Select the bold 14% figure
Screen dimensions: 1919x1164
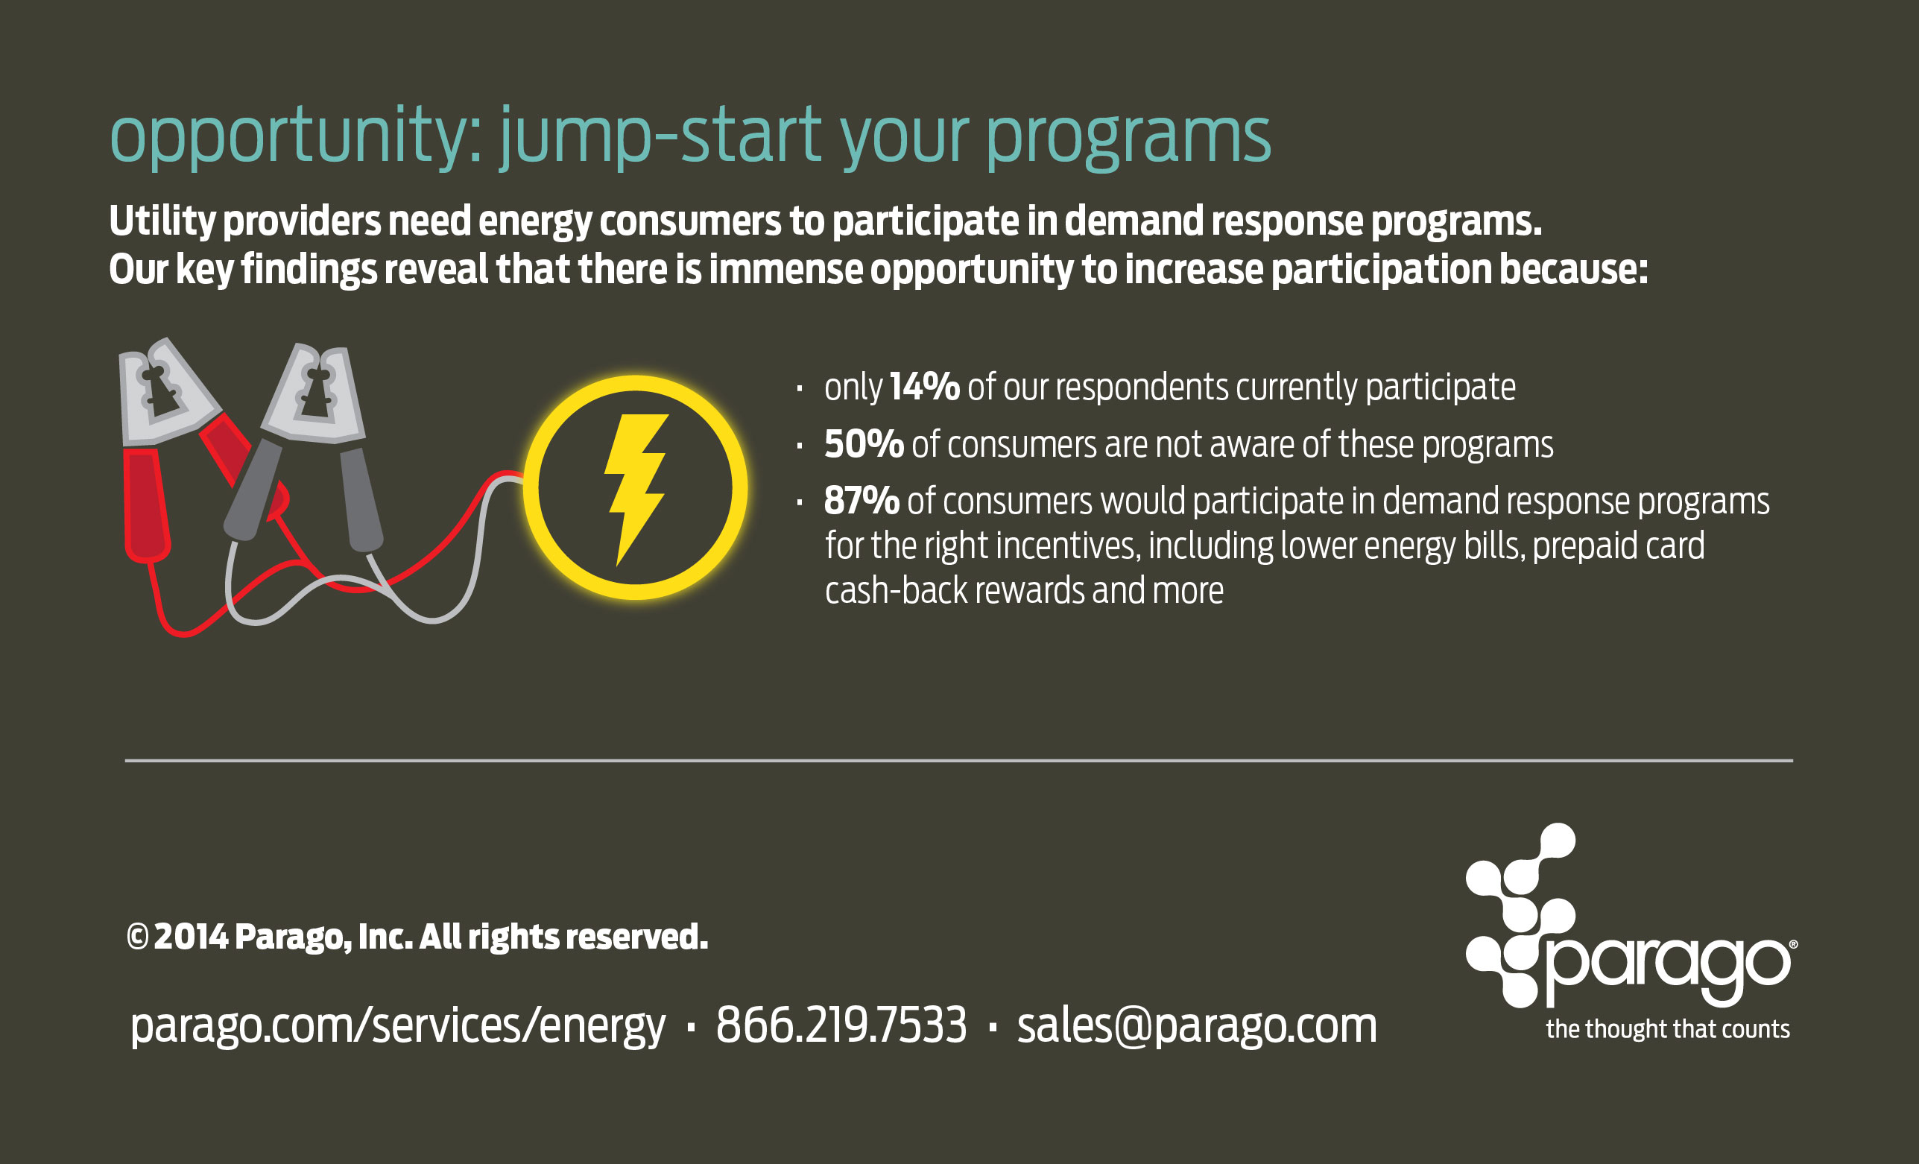pyautogui.click(x=924, y=387)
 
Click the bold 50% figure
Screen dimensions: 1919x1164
pyautogui.click(x=864, y=445)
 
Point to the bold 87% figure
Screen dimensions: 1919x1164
pyautogui.click(x=862, y=501)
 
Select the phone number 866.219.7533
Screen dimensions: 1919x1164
pyautogui.click(x=841, y=1025)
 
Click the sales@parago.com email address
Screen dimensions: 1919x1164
pyautogui.click(x=1197, y=1026)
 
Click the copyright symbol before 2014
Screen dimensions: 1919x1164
pyautogui.click(x=137, y=937)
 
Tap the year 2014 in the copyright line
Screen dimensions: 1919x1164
pyautogui.click(x=191, y=937)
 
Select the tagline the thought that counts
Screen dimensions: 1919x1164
pyautogui.click(x=1668, y=1029)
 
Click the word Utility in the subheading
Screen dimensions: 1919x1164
pyautogui.click(x=162, y=221)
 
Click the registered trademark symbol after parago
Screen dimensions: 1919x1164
pyautogui.click(x=1794, y=944)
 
